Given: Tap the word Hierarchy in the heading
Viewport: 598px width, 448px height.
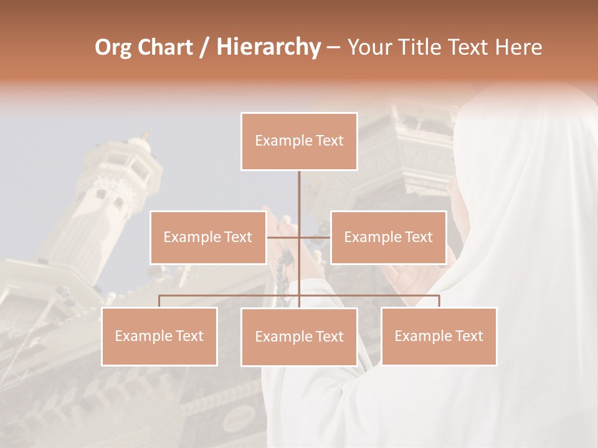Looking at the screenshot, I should [268, 47].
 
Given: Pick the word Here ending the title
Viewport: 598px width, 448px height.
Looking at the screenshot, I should [518, 47].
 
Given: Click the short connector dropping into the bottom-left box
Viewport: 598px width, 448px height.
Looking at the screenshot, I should [159, 301].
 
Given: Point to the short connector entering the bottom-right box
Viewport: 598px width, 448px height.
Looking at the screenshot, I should [439, 301].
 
